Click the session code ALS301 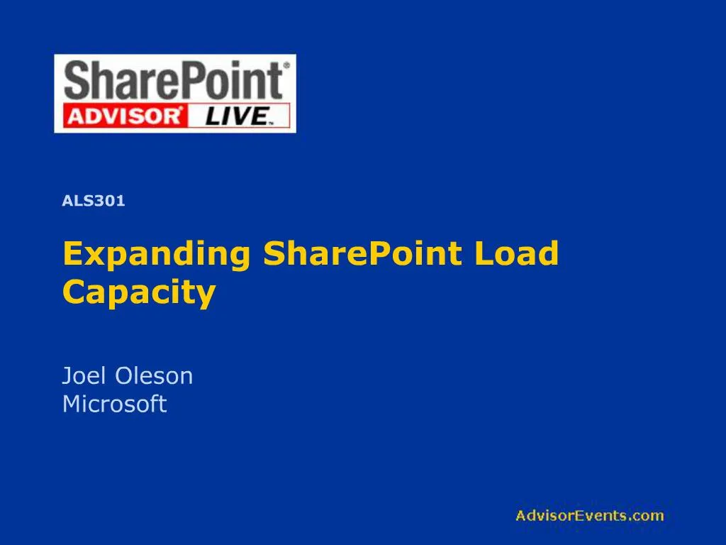click(x=94, y=201)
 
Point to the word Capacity click(x=139, y=292)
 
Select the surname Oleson click(x=154, y=375)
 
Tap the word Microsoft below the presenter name click(x=114, y=404)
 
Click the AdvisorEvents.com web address click(x=589, y=516)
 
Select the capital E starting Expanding click(x=72, y=254)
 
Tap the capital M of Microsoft click(x=72, y=404)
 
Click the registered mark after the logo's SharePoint click(x=286, y=65)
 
